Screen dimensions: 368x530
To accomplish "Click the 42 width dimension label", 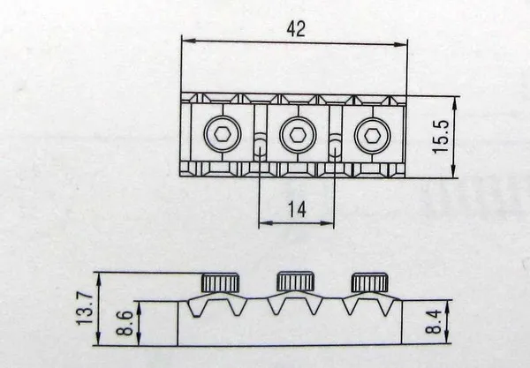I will pos(296,28).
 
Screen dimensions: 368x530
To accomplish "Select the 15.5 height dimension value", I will pos(442,136).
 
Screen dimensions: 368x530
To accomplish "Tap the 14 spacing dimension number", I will pos(297,209).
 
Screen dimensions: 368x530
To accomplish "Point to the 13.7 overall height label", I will pos(85,307).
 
